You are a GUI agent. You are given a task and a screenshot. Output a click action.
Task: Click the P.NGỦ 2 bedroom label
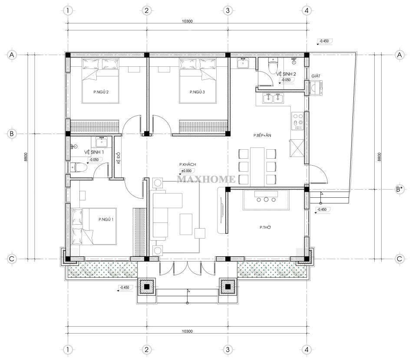[x=101, y=92]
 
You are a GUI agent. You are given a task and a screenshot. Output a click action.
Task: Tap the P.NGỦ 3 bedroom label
[x=197, y=92]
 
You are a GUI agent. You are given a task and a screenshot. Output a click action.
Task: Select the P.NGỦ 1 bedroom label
[x=106, y=219]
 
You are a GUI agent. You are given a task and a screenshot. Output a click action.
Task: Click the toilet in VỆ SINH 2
[x=273, y=67]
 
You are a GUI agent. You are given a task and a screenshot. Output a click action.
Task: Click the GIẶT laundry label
[x=316, y=76]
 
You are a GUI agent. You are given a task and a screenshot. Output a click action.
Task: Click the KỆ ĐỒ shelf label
[x=118, y=157]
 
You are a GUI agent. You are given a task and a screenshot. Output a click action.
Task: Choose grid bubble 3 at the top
[x=227, y=10]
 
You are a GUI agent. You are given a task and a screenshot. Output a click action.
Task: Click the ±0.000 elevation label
[x=186, y=170]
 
